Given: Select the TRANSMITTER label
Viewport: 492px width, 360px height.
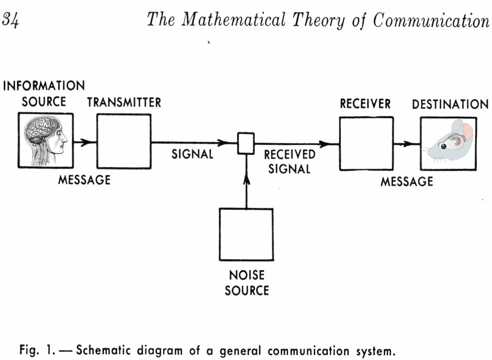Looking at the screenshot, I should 124,102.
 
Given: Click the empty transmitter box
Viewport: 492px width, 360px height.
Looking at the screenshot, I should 124,141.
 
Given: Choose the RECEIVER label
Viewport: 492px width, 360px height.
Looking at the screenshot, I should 365,104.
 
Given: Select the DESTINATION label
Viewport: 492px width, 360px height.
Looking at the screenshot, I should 450,104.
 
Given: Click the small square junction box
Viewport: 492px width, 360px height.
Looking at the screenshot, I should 246,143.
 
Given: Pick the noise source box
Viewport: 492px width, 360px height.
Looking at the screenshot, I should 246,234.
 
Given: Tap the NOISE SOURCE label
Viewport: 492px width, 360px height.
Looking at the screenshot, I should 246,283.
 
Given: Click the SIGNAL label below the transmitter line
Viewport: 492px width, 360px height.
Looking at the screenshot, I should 192,154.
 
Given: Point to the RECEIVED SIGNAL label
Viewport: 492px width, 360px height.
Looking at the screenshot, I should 289,162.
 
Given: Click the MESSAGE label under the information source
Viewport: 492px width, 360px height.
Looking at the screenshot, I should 84,179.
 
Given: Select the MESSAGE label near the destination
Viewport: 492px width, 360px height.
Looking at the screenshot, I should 406,181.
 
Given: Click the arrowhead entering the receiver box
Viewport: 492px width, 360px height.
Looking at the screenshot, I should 331,143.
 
